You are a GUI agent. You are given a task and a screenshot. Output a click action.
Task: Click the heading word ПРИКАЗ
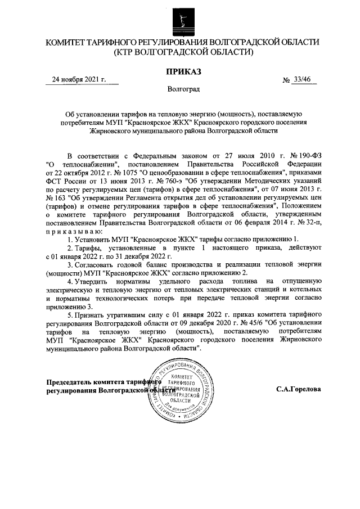click(180, 71)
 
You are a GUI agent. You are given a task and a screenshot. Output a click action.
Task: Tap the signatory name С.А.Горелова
click(299, 389)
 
